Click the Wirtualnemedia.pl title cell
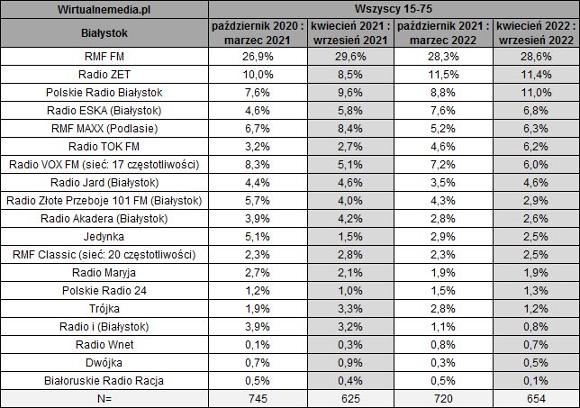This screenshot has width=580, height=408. point(104,10)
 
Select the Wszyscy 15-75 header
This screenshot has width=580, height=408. point(392,10)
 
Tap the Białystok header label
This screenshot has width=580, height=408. point(104,34)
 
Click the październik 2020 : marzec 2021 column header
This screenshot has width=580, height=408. point(253,34)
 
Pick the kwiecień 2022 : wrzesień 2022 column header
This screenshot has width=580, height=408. point(534,34)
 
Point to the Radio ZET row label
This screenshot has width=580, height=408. point(104,77)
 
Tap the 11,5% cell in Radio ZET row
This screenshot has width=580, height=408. point(440,77)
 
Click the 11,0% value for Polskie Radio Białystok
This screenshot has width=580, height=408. point(534,95)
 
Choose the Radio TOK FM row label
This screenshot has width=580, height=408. point(104,148)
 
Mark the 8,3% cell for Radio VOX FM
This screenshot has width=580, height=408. point(253,166)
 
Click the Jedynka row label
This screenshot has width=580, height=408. point(104,236)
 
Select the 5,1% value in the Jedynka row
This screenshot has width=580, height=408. point(253,236)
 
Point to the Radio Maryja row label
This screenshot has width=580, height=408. point(104,271)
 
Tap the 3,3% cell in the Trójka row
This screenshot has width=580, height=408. point(347,307)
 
